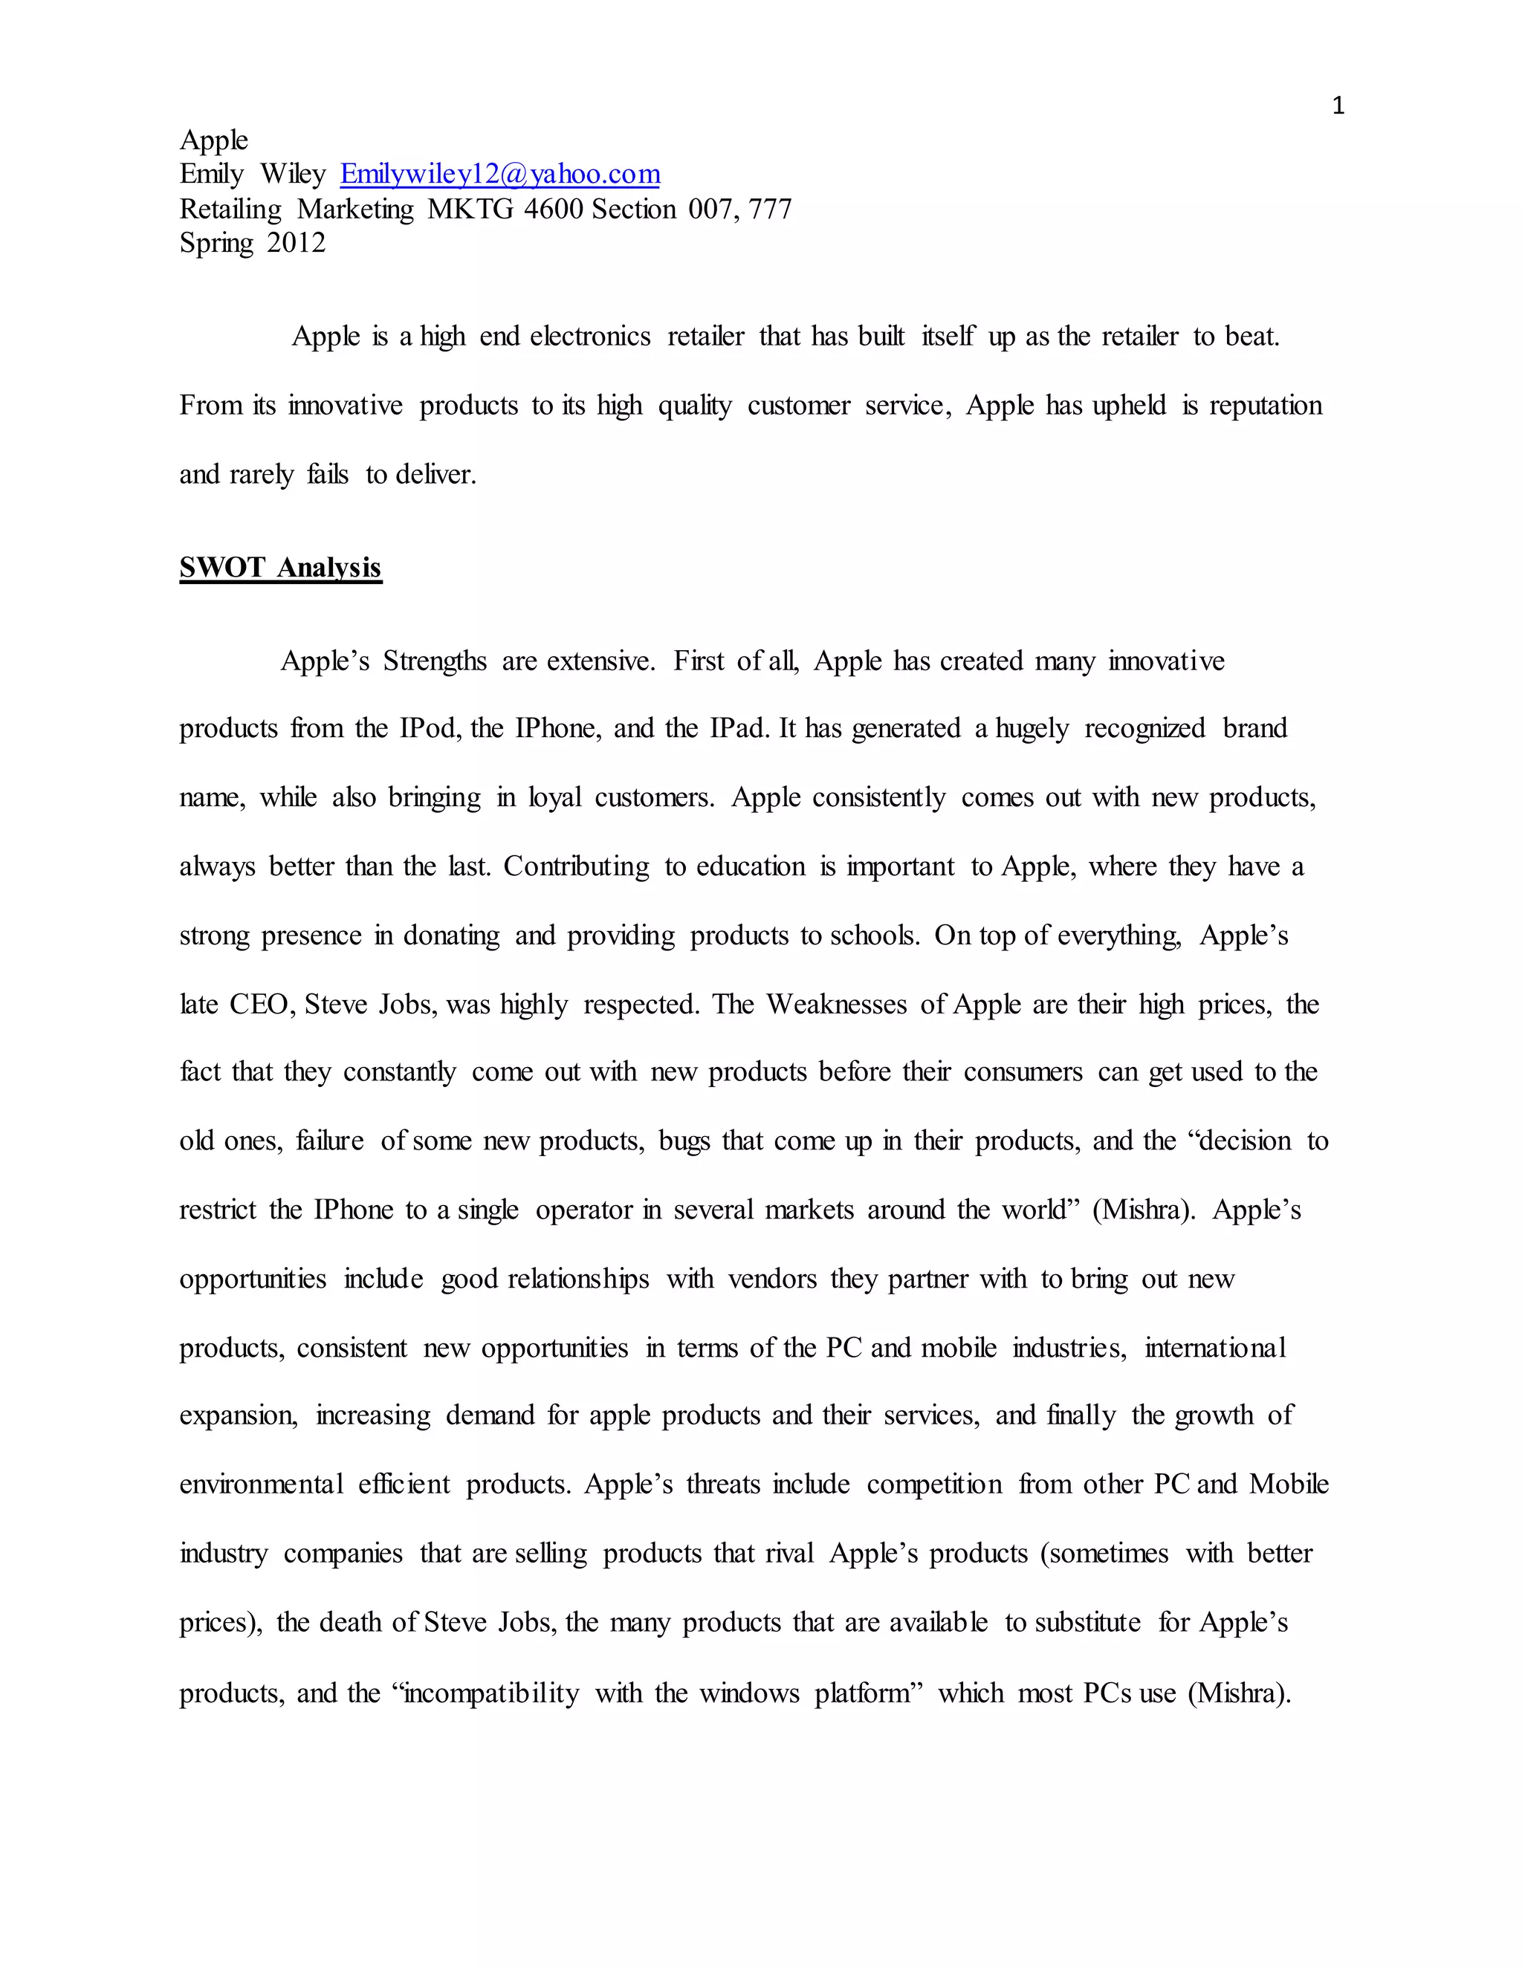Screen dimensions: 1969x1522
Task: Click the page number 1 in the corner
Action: click(x=1338, y=106)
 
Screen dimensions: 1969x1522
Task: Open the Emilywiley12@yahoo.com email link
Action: click(x=499, y=173)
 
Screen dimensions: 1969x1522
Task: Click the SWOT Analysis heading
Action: click(x=280, y=567)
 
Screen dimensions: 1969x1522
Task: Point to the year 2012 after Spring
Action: click(x=296, y=242)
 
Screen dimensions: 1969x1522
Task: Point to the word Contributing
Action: click(x=575, y=866)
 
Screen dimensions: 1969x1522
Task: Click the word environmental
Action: click(x=261, y=1484)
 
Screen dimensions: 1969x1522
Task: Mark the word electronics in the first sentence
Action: click(x=589, y=337)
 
